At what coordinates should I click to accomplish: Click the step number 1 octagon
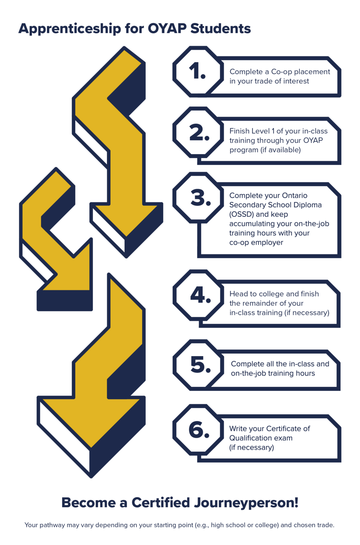click(x=198, y=72)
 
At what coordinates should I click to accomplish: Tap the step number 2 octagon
click(x=198, y=132)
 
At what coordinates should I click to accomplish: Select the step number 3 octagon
click(x=198, y=198)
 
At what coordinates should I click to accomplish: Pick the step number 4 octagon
click(x=198, y=295)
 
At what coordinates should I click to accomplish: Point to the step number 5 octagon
click(x=198, y=365)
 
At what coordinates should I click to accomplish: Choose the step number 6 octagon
click(x=198, y=430)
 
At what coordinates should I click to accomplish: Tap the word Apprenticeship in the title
click(x=70, y=29)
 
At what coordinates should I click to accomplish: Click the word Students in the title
click(x=221, y=28)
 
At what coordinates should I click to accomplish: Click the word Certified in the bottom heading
click(x=161, y=502)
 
